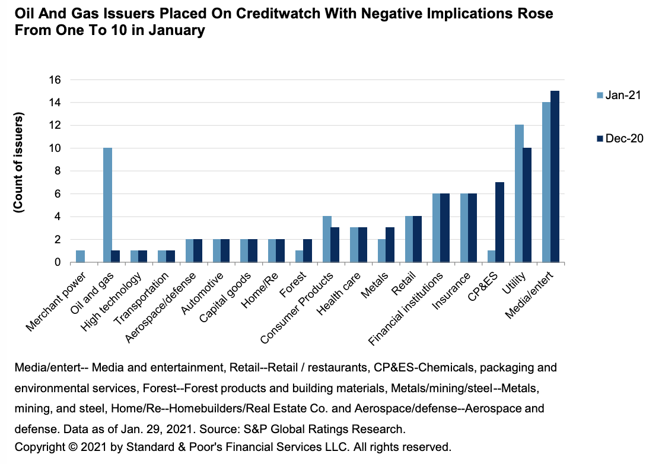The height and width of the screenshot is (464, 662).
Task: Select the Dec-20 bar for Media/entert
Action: click(x=555, y=176)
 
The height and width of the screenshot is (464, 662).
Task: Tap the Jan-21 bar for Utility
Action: click(x=519, y=193)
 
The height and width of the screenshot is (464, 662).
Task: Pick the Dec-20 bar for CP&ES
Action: click(x=500, y=222)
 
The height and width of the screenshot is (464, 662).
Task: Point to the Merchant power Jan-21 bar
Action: click(x=80, y=256)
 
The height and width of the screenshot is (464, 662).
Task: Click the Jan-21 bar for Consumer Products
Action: click(x=327, y=239)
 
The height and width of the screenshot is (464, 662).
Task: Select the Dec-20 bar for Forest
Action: click(x=308, y=250)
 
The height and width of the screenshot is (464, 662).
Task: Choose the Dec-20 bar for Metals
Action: click(x=390, y=244)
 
